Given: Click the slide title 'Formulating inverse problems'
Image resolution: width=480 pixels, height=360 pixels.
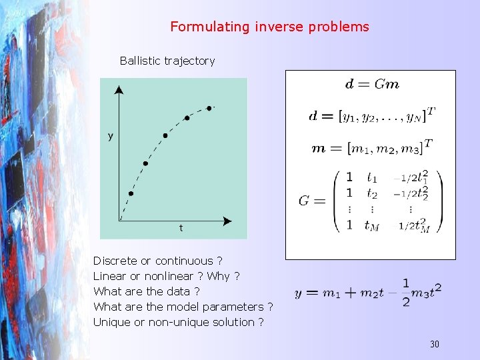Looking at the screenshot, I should point(269,27).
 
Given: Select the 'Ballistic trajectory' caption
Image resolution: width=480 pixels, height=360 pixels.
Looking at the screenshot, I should point(167,61).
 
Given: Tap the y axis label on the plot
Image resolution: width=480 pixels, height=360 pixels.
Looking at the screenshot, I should point(111,137).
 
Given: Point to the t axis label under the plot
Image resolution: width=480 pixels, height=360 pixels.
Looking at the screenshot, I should point(181,228).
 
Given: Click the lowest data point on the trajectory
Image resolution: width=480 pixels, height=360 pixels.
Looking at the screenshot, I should point(131,194).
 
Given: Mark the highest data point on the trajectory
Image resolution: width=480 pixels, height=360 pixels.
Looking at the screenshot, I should point(209,108).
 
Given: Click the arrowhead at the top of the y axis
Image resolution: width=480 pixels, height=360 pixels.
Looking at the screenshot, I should point(119,89).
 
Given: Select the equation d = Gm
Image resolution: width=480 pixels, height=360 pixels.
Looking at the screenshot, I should point(372,85).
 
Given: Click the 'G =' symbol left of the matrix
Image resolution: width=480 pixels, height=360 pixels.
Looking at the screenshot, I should point(312,201).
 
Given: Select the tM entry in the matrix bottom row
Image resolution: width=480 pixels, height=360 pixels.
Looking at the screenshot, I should point(372,225).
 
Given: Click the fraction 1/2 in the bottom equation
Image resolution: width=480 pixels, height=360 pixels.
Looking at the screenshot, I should point(406,293).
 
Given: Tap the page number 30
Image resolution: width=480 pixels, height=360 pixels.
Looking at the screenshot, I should point(434,344).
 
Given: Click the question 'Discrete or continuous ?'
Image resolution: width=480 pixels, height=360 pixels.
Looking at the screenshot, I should point(158,261).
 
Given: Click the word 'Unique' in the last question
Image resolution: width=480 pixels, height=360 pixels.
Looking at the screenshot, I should point(111,323).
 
